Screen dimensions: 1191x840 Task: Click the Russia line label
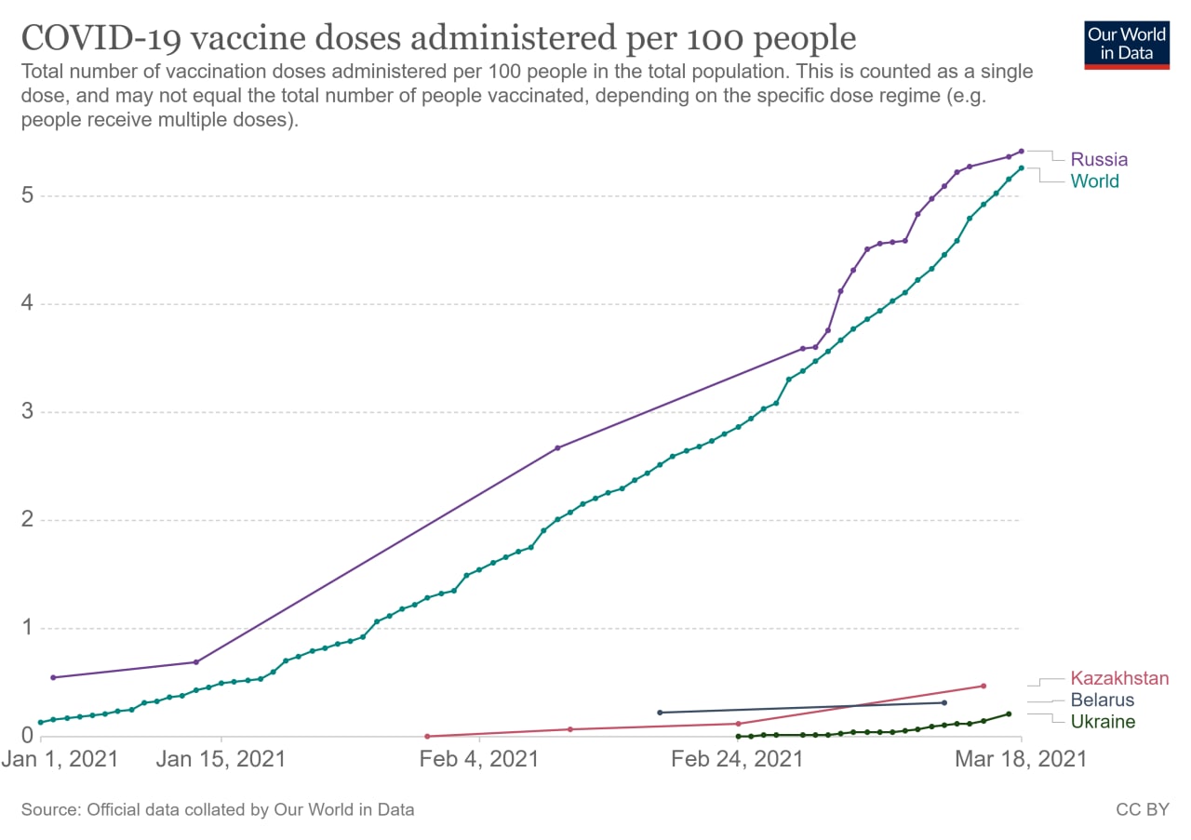1099,159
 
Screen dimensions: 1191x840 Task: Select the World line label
1094,181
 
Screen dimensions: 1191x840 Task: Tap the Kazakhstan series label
1119,678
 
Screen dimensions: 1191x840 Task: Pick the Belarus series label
1103,700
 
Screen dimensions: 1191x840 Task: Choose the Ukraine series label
1103,722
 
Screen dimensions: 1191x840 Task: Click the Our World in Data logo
1127,46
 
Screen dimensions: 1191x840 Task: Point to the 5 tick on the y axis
27,195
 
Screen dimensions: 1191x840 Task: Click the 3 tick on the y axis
27,411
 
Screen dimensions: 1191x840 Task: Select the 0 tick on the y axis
27,735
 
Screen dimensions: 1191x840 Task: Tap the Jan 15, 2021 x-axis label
221,759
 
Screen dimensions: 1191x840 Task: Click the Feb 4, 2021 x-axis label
479,759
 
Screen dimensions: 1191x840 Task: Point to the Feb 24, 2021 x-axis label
737,759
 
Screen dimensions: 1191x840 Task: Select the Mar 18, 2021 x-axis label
1021,759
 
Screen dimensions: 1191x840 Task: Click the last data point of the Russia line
1021,152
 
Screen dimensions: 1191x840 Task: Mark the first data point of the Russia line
53,677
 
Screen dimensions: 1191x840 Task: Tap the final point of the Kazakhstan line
984,686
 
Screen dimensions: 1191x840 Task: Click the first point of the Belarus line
660,713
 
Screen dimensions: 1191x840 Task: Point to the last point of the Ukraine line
1009,714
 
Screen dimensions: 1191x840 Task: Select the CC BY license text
1143,809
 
